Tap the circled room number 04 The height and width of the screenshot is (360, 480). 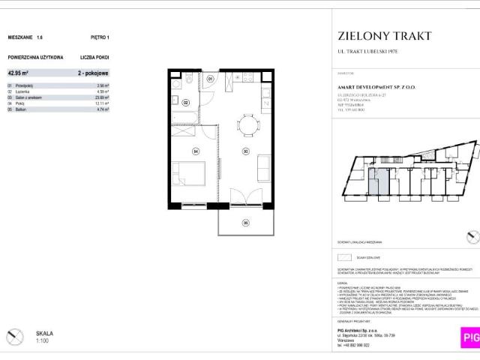pos(195,151)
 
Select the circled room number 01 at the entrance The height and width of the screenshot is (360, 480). pos(211,78)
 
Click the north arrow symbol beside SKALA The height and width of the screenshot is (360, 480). pos(14,336)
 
